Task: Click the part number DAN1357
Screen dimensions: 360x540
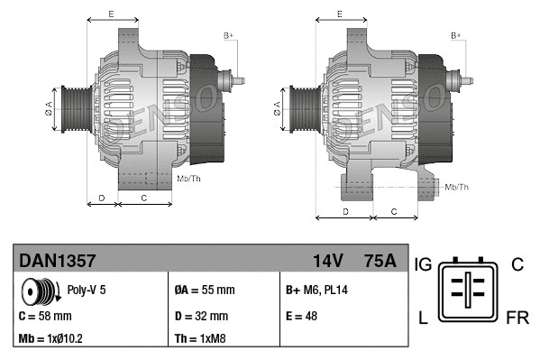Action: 58,262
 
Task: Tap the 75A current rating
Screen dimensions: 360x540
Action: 378,262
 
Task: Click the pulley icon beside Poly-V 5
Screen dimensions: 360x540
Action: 39,291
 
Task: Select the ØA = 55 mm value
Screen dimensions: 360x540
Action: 204,291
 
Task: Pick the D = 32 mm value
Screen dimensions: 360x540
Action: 201,317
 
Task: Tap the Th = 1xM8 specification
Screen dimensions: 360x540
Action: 201,339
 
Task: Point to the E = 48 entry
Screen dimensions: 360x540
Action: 301,317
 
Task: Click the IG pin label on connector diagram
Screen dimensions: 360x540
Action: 424,264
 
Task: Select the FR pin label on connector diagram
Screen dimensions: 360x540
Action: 517,318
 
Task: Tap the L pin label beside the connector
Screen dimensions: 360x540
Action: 421,318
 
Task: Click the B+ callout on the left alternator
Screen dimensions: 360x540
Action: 228,35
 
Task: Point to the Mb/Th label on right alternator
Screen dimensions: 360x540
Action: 457,187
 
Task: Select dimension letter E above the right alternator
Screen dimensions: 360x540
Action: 338,14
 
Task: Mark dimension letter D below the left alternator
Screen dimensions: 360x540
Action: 102,197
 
